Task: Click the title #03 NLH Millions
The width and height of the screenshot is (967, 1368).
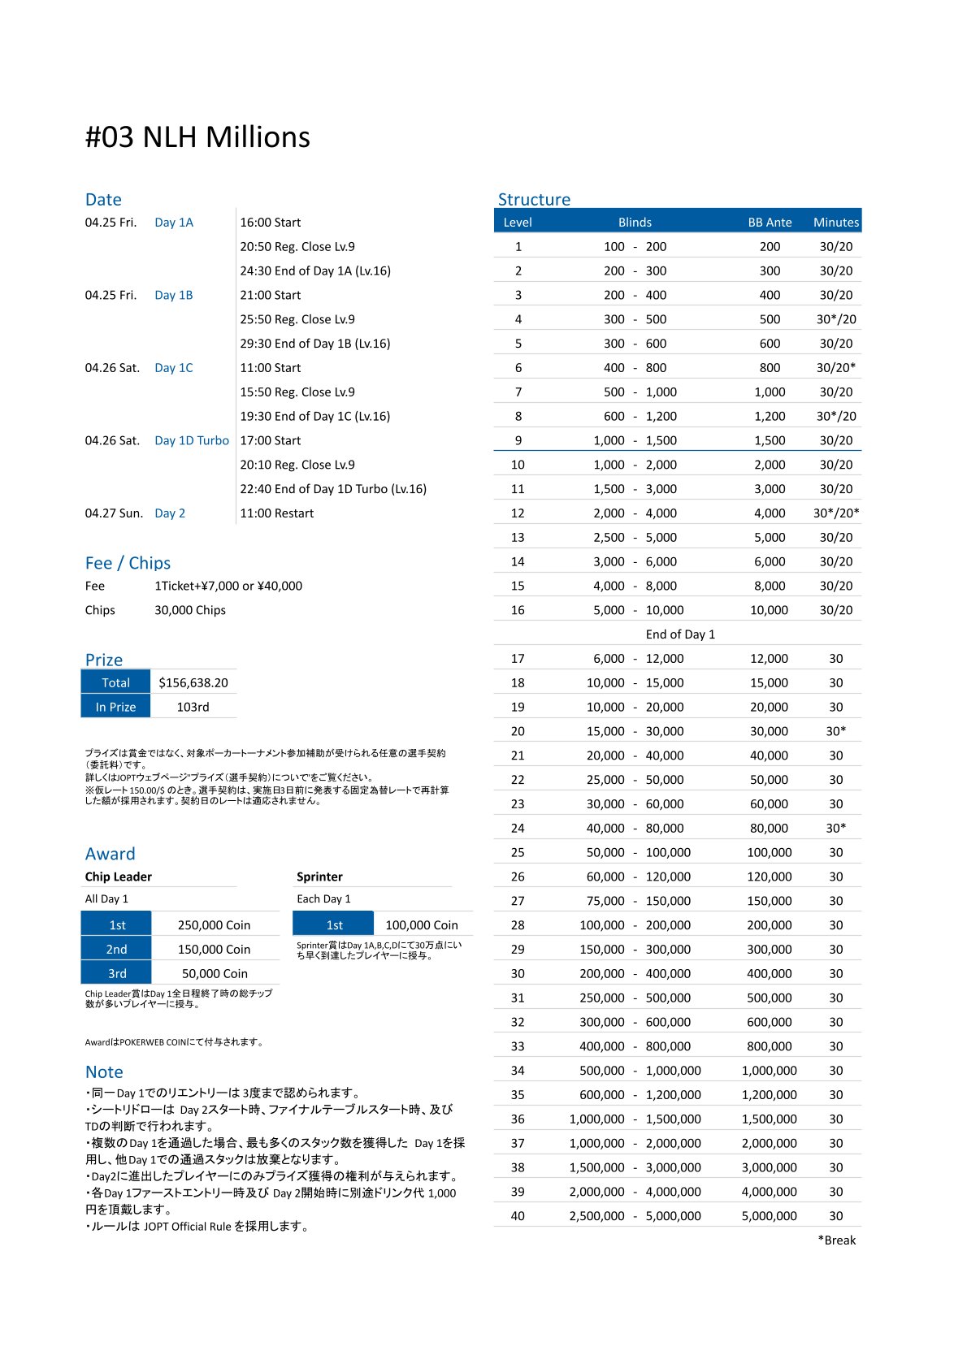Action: [197, 137]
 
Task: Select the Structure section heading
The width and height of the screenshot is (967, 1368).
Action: [534, 199]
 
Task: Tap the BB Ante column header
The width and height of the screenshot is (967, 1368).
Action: [770, 222]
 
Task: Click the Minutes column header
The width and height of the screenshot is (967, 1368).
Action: [835, 222]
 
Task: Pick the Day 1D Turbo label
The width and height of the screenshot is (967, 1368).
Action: [192, 440]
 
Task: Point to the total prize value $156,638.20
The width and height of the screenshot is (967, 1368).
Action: [193, 682]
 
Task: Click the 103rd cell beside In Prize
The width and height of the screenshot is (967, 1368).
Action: [193, 707]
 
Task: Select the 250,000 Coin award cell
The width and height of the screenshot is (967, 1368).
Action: [215, 924]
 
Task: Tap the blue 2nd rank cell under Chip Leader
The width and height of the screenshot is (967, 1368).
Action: [116, 949]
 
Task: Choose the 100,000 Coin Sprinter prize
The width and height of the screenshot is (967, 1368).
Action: [422, 924]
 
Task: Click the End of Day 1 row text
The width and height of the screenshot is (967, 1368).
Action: [680, 634]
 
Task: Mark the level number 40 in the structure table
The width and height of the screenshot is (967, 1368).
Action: [518, 1215]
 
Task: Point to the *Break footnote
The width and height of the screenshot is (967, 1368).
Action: [836, 1240]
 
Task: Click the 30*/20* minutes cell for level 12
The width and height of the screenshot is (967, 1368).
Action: [835, 513]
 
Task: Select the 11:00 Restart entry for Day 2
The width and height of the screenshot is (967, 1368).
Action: [276, 513]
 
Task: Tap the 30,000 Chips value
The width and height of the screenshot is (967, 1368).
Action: [190, 609]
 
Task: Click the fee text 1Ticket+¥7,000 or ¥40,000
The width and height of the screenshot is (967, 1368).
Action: [228, 586]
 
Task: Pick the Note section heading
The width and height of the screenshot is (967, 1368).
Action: [104, 1071]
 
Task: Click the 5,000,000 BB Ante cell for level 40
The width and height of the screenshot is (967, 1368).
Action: [769, 1215]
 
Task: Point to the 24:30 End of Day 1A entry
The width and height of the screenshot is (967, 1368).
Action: [315, 271]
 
